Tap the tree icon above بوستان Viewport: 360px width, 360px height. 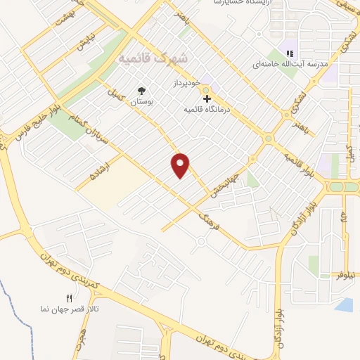(143, 91)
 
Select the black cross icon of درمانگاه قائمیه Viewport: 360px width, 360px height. (206, 99)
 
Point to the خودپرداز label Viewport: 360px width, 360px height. (188, 82)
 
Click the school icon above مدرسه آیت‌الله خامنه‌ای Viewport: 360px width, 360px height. (289, 53)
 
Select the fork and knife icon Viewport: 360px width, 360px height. (69, 299)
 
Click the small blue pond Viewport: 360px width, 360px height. (345, 304)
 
